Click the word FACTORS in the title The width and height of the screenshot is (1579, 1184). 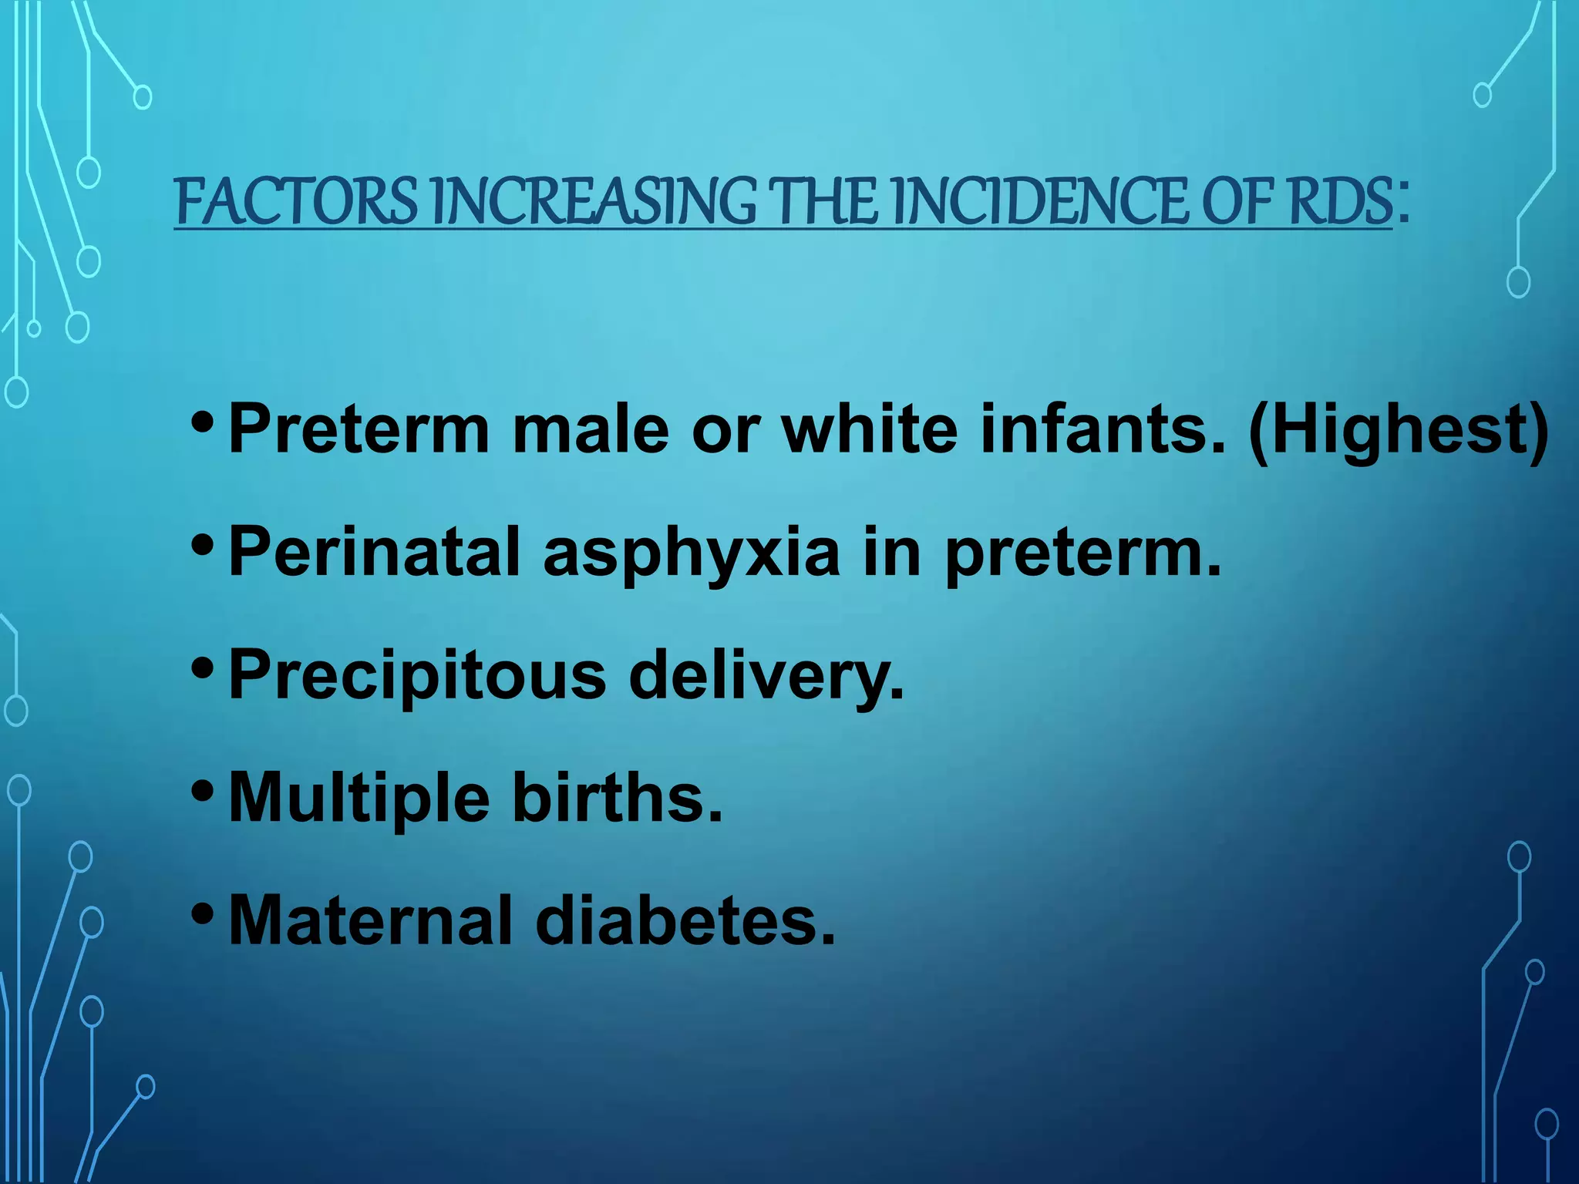coord(296,202)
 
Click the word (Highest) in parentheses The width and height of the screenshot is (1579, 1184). coord(1398,430)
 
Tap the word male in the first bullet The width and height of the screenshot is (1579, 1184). coord(591,429)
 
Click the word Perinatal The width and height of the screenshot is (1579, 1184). coord(375,552)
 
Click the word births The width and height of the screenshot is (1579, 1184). coord(618,799)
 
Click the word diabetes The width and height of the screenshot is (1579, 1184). coord(685,920)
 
